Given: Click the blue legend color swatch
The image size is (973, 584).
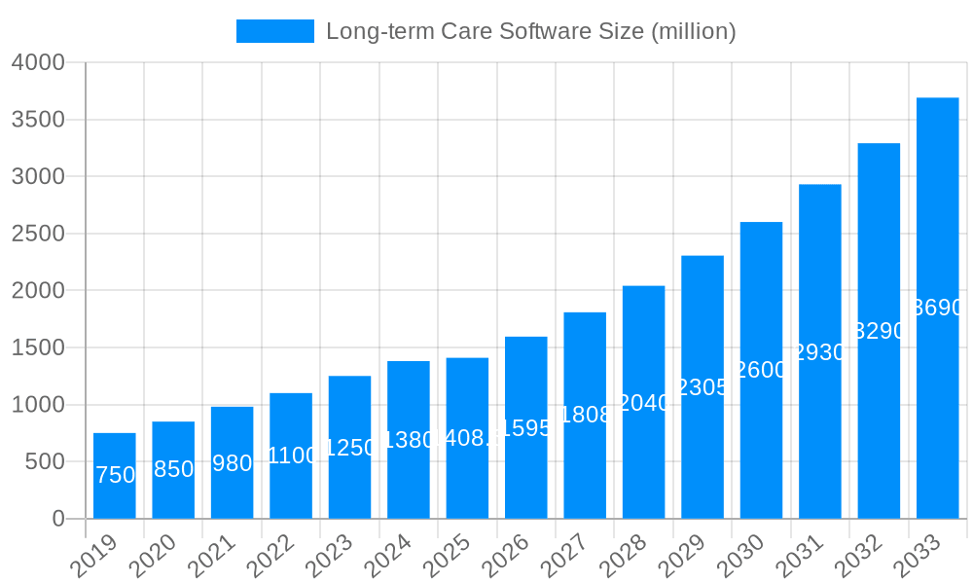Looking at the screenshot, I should point(275,31).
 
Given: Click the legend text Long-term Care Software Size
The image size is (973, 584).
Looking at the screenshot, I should point(530,31).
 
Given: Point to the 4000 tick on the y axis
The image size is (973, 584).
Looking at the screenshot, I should point(38,62).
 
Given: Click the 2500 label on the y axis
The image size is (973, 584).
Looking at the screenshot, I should point(38,234).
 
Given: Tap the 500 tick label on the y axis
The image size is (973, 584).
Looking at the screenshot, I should point(44,461).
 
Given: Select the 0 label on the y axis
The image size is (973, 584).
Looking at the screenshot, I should point(58,519).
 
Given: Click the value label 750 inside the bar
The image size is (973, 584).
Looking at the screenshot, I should point(115,475).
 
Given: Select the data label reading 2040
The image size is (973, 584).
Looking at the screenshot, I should point(644,402).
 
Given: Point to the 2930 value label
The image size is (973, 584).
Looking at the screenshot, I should point(820,352).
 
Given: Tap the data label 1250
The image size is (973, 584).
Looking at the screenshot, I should point(349,448).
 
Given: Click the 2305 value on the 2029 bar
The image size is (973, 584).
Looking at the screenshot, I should point(703,387).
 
